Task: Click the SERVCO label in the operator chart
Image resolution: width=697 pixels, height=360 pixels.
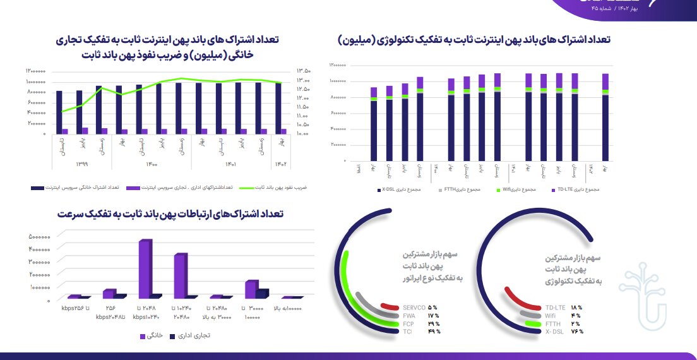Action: [413, 308]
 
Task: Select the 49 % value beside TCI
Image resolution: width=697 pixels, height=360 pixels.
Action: [433, 331]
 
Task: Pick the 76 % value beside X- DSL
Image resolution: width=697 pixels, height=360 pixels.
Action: [576, 331]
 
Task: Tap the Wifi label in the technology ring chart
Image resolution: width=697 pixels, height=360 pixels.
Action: [551, 315]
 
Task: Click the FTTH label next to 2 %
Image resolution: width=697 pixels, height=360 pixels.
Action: [552, 323]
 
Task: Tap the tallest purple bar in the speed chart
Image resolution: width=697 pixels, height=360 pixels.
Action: [145, 268]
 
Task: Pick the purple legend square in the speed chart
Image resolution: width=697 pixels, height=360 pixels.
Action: [143, 335]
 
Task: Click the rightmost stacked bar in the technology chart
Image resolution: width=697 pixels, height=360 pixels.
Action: [605, 117]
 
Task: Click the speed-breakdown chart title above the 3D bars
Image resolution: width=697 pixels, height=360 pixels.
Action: [169, 214]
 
